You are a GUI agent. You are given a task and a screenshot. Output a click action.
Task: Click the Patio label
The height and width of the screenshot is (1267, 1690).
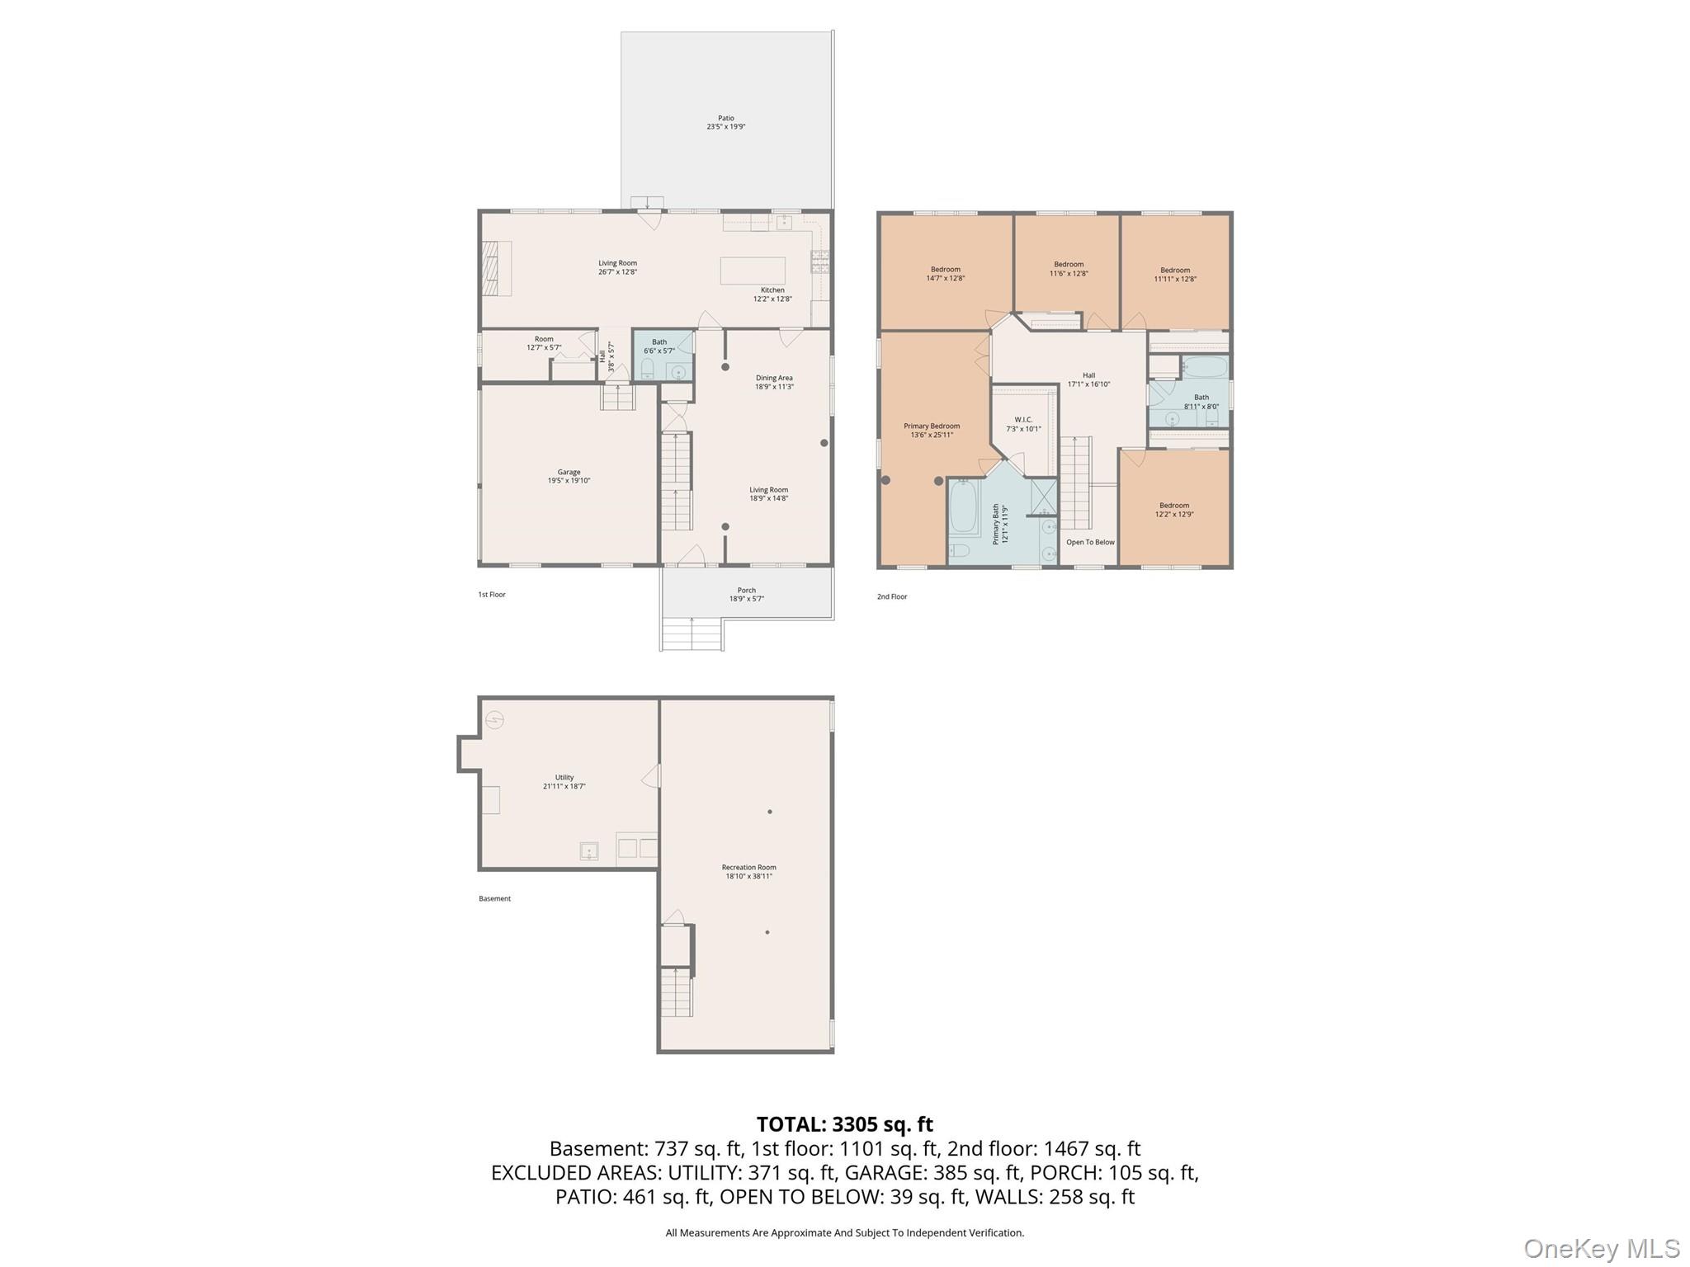[x=725, y=122]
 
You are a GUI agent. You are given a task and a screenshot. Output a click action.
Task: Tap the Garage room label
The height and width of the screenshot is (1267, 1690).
[x=569, y=476]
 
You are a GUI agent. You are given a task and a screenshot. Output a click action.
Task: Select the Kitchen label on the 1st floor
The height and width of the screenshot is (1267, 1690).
[x=772, y=294]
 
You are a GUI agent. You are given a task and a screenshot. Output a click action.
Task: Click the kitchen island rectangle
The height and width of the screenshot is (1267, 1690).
[x=752, y=271]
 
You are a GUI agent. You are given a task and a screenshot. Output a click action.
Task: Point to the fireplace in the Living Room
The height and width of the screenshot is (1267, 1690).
[x=497, y=267]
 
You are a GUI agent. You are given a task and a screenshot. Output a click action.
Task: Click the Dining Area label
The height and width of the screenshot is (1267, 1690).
[x=774, y=382]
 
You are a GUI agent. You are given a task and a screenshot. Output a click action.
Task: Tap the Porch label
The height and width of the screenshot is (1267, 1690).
[x=746, y=594]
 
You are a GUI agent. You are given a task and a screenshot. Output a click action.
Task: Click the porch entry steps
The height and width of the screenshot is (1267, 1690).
[x=692, y=634]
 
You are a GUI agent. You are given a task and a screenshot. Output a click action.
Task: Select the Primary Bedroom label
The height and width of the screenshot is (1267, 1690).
[x=932, y=430]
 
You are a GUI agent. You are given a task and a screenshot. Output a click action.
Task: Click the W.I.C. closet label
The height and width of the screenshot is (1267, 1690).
[x=1023, y=424]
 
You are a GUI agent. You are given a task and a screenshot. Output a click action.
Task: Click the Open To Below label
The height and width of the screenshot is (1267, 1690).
[x=1090, y=542]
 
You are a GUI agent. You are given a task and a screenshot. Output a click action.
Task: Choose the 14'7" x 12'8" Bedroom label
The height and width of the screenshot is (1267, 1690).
[x=945, y=274]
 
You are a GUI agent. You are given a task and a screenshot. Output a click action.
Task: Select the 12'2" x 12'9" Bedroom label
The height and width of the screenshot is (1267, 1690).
[x=1173, y=510]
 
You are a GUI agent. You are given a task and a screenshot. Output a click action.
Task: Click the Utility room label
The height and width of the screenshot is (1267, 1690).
[x=564, y=781]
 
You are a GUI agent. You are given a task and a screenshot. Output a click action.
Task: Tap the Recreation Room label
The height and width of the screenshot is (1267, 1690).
[x=748, y=871]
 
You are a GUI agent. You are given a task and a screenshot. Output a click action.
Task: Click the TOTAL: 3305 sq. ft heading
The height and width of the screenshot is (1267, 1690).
[x=844, y=1123]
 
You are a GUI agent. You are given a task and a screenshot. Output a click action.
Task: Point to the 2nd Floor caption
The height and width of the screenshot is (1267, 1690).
[x=891, y=596]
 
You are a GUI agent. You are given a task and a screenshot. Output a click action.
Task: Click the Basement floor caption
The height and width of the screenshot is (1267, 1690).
[x=494, y=898]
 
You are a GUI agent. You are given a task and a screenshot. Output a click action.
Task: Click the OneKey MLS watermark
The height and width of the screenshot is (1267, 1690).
[x=1601, y=1248]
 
